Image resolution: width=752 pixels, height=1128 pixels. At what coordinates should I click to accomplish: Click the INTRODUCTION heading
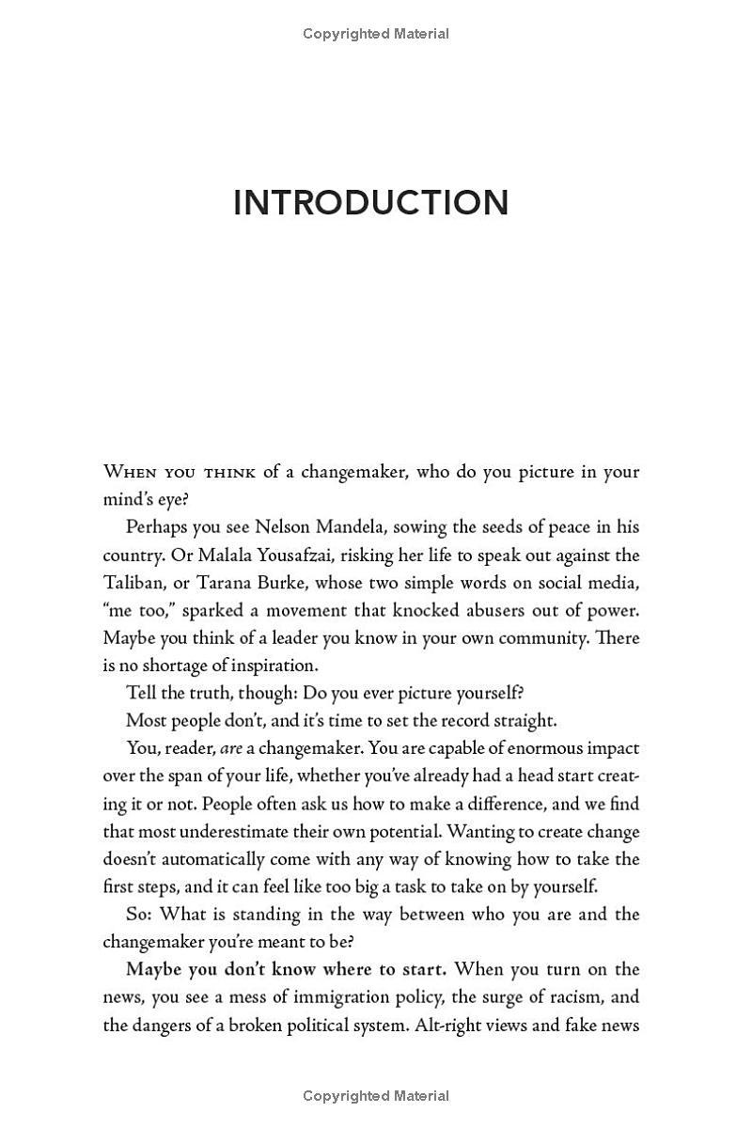370,203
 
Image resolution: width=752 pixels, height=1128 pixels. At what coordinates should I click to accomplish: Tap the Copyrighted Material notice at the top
376,34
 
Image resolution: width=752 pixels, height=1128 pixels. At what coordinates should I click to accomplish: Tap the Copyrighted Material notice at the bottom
376,1096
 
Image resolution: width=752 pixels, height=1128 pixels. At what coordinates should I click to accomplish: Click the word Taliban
132,582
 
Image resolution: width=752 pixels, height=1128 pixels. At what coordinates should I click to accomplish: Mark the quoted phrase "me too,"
138,610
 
